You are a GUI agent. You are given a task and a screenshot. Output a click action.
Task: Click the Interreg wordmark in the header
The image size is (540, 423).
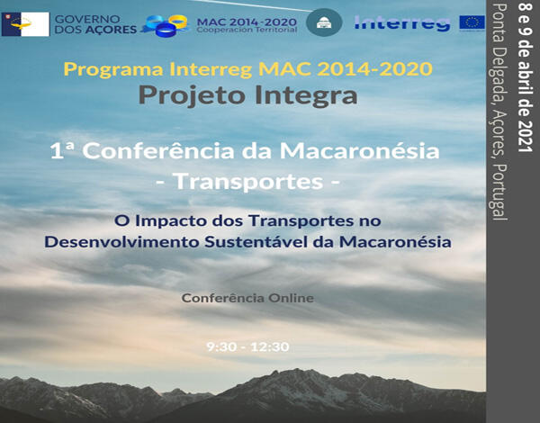pos(402,22)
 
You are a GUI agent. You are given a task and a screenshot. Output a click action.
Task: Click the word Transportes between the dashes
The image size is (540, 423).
pos(247,181)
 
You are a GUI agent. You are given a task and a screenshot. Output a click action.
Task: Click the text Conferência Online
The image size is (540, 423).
pos(247,297)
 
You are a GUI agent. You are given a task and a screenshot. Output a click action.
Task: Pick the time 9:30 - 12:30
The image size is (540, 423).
pos(247,346)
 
